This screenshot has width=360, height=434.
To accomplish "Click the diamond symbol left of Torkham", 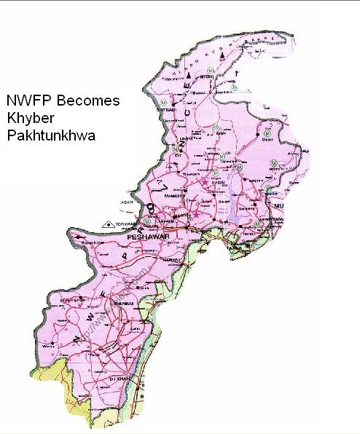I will point(109,224).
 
